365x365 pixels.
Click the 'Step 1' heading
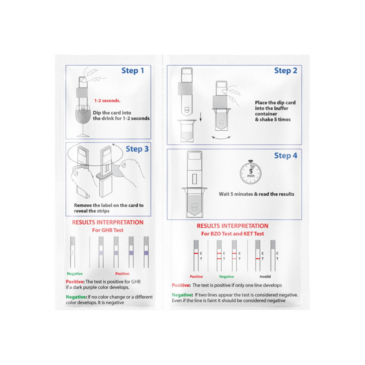pyautogui.click(x=132, y=71)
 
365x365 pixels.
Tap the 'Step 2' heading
pyautogui.click(x=285, y=71)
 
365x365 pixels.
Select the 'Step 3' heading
pyautogui.click(x=137, y=149)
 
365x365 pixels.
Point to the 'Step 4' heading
pyautogui.click(x=285, y=156)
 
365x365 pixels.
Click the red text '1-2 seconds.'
pyautogui.click(x=107, y=100)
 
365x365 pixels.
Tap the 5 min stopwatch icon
pyautogui.click(x=250, y=173)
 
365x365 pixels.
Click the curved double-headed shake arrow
pyautogui.click(x=222, y=138)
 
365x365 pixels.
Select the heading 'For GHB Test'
pyautogui.click(x=108, y=230)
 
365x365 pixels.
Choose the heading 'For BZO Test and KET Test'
pyautogui.click(x=233, y=234)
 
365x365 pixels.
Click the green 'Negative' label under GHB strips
pyautogui.click(x=74, y=274)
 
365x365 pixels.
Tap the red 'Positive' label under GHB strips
pyautogui.click(x=122, y=274)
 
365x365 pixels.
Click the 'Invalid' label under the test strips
pyautogui.click(x=265, y=277)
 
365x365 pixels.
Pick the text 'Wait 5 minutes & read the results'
pyautogui.click(x=256, y=194)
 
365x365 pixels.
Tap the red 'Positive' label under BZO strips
pyautogui.click(x=196, y=277)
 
